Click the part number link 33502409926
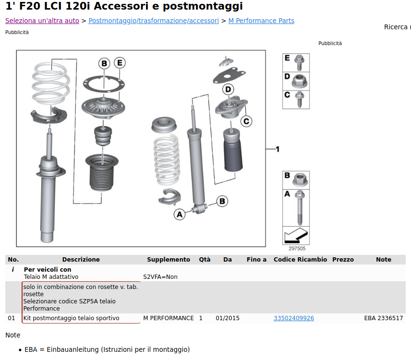[x=293, y=318]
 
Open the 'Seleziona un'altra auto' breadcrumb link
[x=42, y=21]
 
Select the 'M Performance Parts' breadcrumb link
[x=261, y=21]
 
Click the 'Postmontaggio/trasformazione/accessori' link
[x=154, y=21]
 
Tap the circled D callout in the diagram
[x=228, y=89]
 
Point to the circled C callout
[x=246, y=121]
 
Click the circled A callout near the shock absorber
[x=180, y=215]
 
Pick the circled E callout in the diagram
[x=120, y=63]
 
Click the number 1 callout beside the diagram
[x=278, y=149]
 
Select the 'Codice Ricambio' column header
[x=300, y=259]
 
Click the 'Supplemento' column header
[x=168, y=259]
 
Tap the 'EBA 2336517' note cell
[x=384, y=318]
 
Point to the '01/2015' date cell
[x=228, y=318]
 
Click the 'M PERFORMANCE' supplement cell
[x=168, y=318]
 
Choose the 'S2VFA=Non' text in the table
[x=160, y=276]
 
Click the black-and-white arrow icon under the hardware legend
[x=296, y=235]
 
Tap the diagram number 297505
[x=297, y=248]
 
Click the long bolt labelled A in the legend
[x=300, y=208]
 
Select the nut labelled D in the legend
[x=299, y=81]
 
